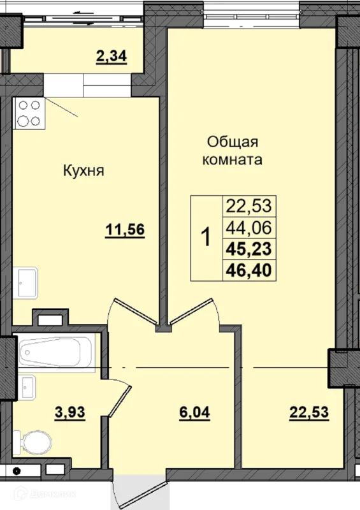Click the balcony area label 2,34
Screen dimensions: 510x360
(x=111, y=57)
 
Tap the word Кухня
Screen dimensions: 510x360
(x=83, y=171)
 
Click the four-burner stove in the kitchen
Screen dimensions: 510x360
(x=29, y=113)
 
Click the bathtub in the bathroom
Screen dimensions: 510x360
(x=55, y=351)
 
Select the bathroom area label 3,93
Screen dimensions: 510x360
(x=69, y=412)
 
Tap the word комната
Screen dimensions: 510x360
(x=232, y=159)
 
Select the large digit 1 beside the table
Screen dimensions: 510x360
(x=206, y=238)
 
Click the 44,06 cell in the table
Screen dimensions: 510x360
(x=248, y=227)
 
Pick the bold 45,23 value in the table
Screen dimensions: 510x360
(x=248, y=249)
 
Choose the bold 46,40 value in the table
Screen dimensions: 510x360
(x=248, y=270)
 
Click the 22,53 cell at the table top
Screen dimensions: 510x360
(x=248, y=206)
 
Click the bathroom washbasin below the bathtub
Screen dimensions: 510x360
(x=27, y=386)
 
